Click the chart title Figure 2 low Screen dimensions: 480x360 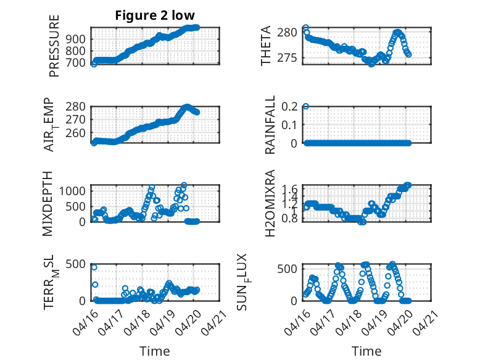point(155,15)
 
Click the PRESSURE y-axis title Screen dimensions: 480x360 point(54,46)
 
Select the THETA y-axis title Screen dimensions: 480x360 point(266,46)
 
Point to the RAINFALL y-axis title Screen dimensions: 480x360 point(270,125)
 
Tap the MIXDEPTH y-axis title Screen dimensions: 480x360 point(48,204)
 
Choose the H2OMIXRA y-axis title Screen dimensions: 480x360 point(270,203)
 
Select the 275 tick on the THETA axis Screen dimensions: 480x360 point(287,58)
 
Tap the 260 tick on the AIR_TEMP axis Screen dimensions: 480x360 point(75,133)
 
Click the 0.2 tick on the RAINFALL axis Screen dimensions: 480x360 point(289,107)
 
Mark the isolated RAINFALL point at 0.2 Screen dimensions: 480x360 point(305,106)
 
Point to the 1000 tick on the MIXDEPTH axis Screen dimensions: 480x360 point(72,191)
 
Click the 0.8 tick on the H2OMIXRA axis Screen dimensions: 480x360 point(289,219)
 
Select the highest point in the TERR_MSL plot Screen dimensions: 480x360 point(94,267)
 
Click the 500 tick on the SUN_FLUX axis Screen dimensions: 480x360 point(287,269)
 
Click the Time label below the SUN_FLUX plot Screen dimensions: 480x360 point(366,351)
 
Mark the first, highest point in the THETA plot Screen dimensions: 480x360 point(305,28)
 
